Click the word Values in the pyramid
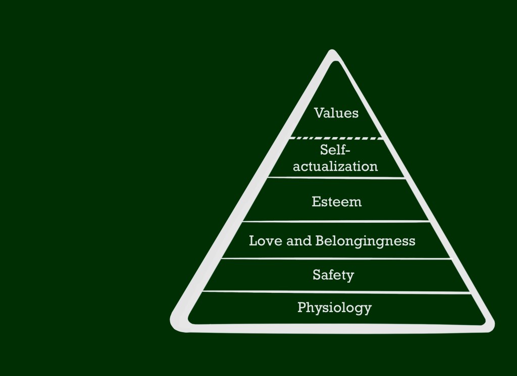point(336,113)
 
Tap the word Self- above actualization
point(335,150)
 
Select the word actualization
point(335,166)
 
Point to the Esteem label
point(336,202)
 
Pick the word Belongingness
point(365,241)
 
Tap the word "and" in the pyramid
point(299,241)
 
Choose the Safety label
point(333,275)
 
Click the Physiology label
point(334,307)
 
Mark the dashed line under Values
point(336,138)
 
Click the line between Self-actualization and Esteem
point(336,177)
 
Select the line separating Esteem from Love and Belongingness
point(336,221)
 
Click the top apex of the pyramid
point(332,52)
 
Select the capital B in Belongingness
point(320,240)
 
